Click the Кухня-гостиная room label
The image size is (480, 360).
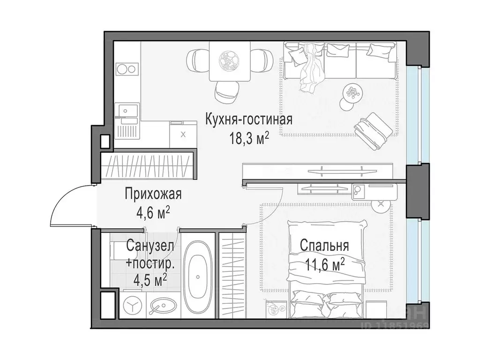[x=248, y=120]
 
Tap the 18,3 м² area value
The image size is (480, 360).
[x=248, y=139]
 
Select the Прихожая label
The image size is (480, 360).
[x=153, y=193]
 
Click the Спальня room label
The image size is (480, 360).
[x=324, y=246]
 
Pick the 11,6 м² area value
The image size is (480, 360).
[x=324, y=265]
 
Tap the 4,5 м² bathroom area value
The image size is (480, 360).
[x=150, y=281]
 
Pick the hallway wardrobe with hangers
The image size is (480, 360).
[x=148, y=166]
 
